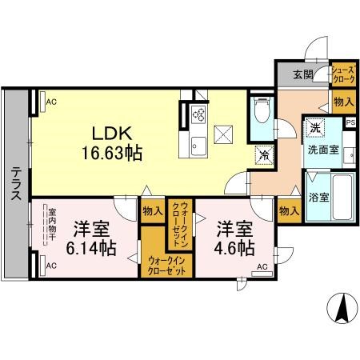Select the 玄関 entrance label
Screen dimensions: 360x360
302,74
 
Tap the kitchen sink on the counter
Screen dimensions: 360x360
197,145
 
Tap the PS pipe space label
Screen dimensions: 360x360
350,122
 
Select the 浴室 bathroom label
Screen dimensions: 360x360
319,197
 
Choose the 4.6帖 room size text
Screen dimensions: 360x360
234,246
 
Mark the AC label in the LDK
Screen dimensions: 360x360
51,102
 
